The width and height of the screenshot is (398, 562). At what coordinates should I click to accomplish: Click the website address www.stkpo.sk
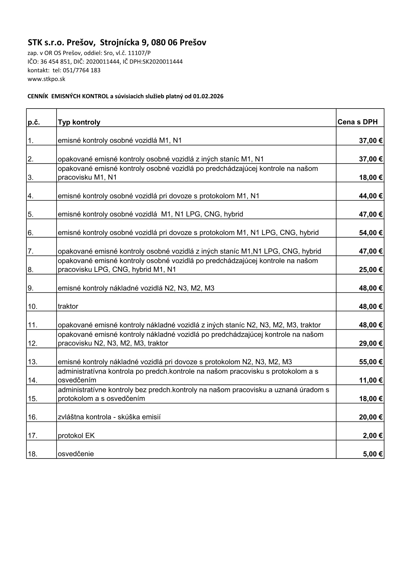click(x=46, y=79)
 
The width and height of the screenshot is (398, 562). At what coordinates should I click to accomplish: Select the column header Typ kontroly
click(x=79, y=122)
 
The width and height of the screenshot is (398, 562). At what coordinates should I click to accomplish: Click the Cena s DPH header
click(x=358, y=122)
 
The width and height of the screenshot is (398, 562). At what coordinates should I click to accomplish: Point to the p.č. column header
click(x=34, y=122)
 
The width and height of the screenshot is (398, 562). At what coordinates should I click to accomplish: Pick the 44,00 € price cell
click(x=371, y=196)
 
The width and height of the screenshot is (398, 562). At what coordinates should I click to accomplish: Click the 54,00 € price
click(x=371, y=233)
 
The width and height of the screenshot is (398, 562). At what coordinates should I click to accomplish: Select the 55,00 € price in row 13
click(x=371, y=362)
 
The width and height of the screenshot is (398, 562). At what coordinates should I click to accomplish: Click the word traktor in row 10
click(x=68, y=307)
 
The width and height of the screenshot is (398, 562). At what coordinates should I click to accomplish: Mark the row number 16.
click(x=32, y=417)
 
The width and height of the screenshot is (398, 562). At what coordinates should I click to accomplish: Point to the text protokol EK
click(x=76, y=435)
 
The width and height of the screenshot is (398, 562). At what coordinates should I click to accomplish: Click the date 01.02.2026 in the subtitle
click(x=208, y=97)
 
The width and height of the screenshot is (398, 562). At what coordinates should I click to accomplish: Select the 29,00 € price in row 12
click(x=371, y=343)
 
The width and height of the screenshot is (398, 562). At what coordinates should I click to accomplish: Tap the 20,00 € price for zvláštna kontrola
click(x=371, y=417)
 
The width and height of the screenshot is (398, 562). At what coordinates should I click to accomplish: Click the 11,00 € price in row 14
click(x=371, y=380)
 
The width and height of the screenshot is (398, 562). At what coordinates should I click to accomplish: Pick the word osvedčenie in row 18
click(x=76, y=454)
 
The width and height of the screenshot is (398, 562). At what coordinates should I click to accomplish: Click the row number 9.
click(x=31, y=288)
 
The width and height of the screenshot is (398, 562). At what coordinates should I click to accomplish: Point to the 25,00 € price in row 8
click(x=371, y=270)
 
